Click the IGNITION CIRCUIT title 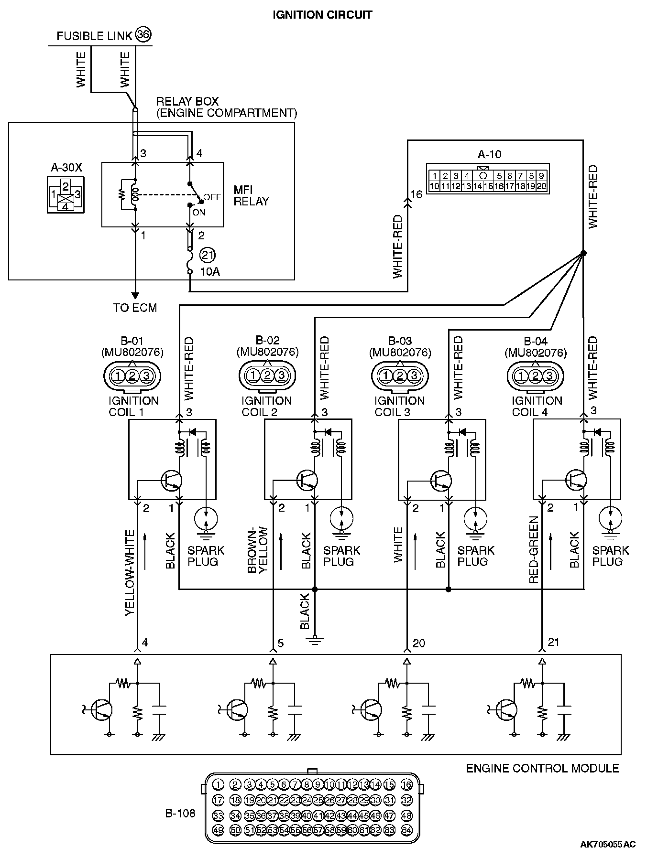[322, 15]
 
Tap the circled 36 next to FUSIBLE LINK [143, 34]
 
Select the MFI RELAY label [251, 195]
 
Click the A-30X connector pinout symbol [66, 195]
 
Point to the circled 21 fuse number [208, 255]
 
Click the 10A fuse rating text [210, 272]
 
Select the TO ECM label [135, 308]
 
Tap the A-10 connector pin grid [488, 182]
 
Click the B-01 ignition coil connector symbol [132, 376]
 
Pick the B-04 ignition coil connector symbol [536, 376]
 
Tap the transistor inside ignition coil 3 [440, 480]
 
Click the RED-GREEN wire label [534, 549]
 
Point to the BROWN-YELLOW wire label [258, 549]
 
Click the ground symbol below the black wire [315, 639]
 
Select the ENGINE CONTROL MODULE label [542, 768]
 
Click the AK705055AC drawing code [608, 844]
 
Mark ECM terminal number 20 [419, 643]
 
